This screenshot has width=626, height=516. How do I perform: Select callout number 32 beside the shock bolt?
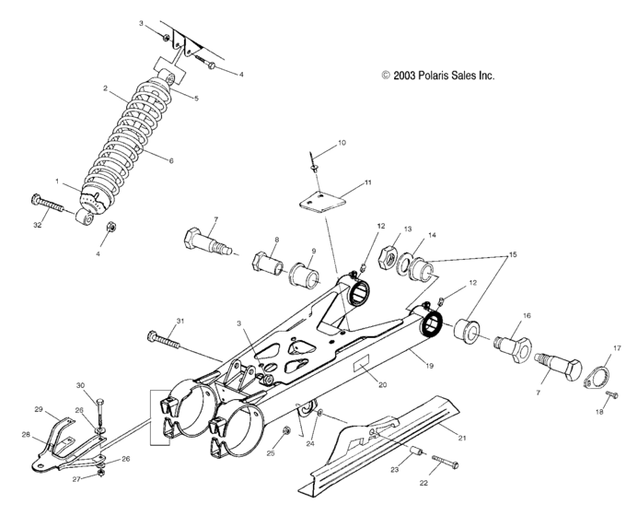(x=38, y=224)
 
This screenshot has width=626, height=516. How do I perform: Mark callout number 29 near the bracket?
(x=39, y=408)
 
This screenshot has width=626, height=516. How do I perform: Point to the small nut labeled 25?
(x=287, y=430)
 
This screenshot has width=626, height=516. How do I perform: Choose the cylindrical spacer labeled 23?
(x=415, y=454)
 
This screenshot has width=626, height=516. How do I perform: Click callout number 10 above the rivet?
(x=342, y=143)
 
